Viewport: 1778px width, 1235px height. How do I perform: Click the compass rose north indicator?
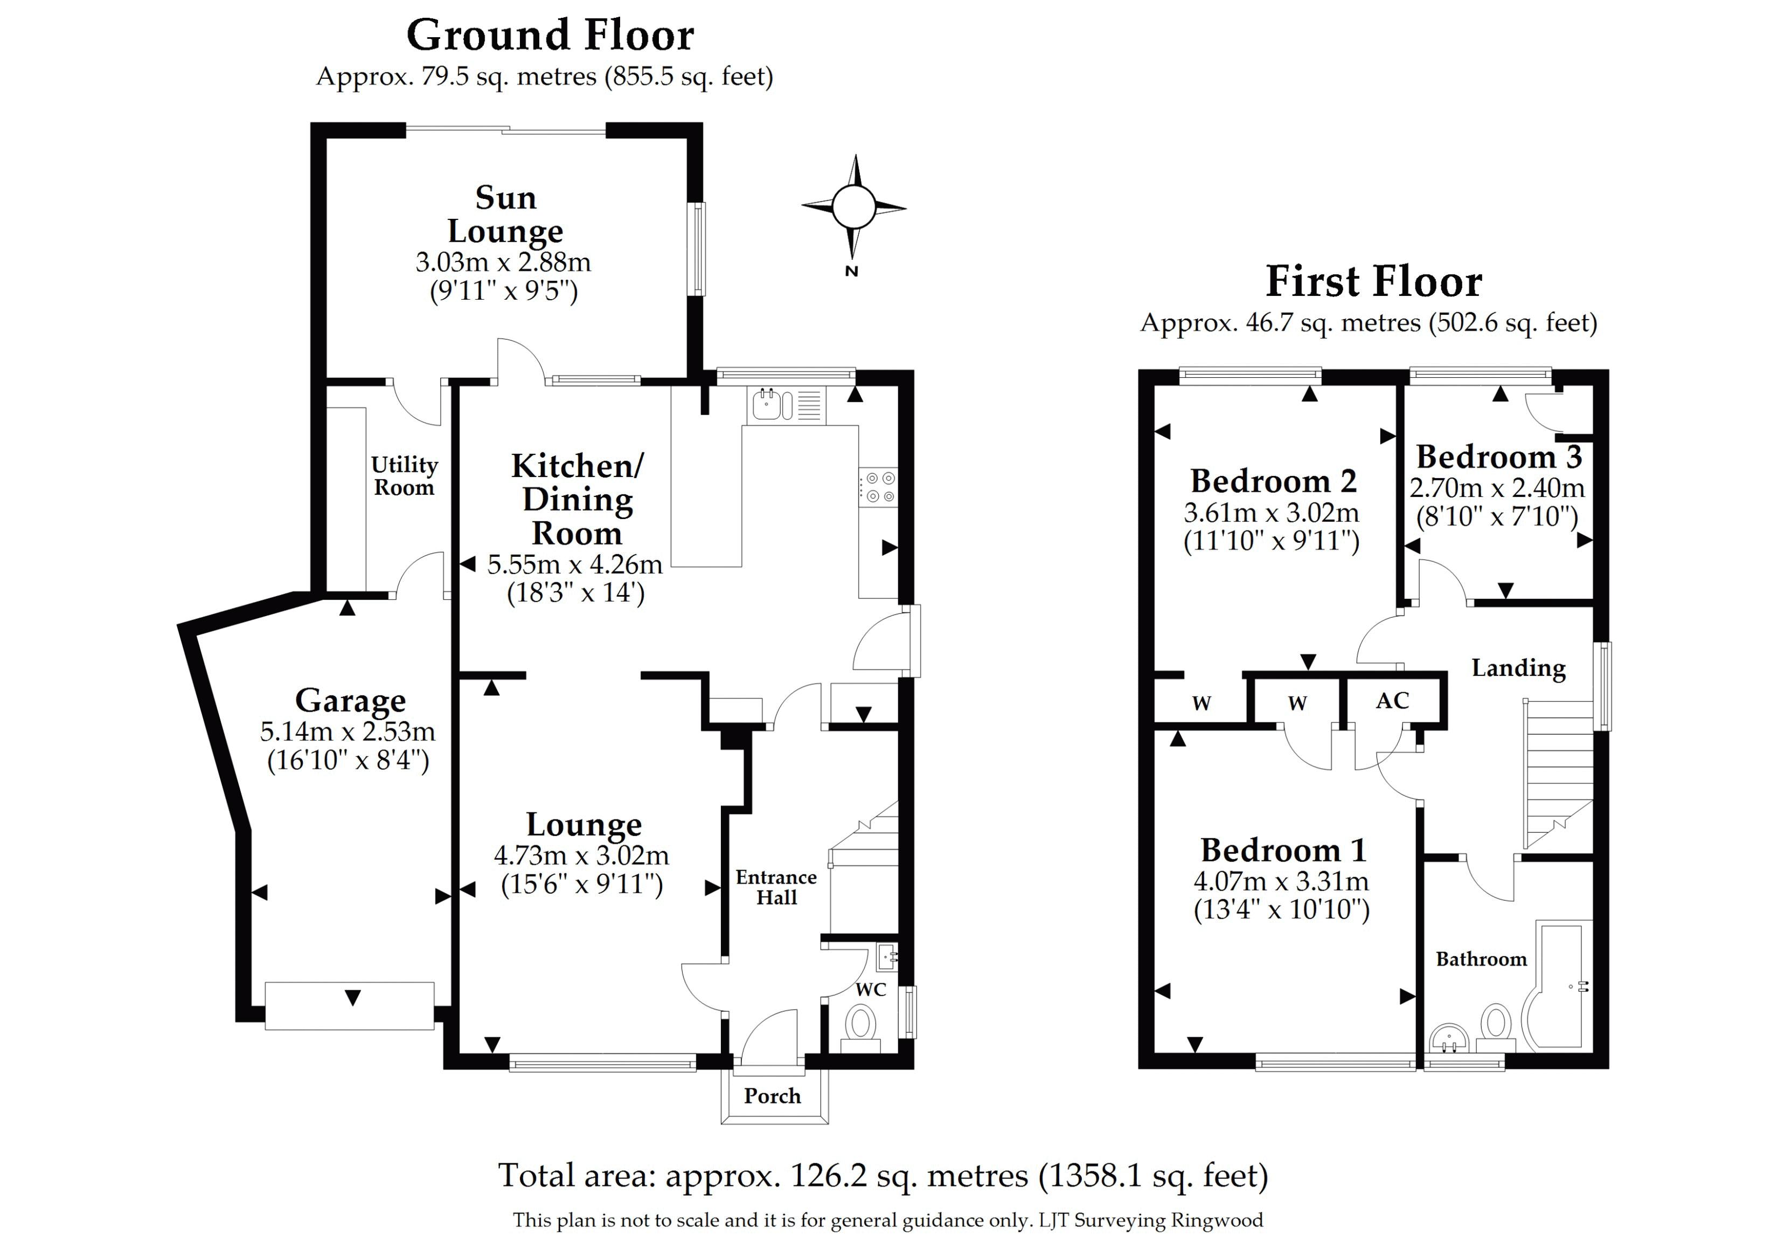click(851, 270)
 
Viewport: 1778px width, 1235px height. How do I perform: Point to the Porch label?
click(772, 1096)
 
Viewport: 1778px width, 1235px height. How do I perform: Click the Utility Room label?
click(404, 476)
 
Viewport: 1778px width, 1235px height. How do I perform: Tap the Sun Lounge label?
click(505, 215)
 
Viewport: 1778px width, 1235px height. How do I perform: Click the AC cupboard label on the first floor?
click(1392, 700)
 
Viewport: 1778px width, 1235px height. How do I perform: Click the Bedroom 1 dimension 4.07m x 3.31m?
click(1281, 881)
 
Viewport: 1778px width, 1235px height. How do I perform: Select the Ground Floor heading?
click(550, 36)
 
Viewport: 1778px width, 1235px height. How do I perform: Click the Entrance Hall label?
click(776, 887)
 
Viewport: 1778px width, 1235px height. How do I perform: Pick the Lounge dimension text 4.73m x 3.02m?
click(581, 855)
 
